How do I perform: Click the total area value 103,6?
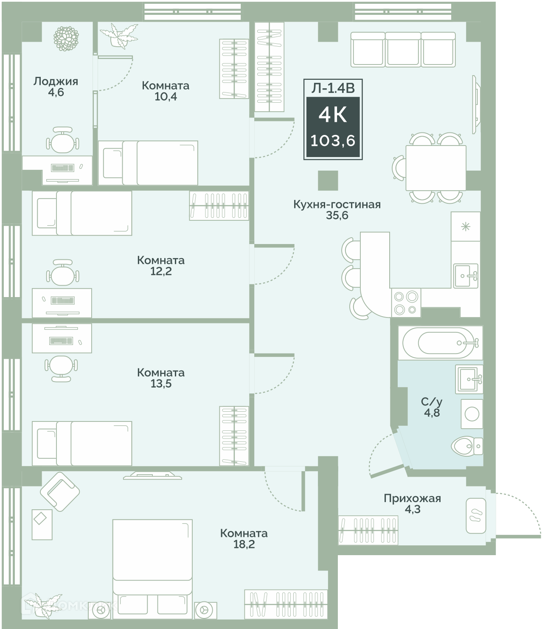[x=333, y=141]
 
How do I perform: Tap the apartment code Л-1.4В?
[x=333, y=88]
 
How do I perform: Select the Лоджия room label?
[x=56, y=81]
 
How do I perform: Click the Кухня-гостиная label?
[x=337, y=205]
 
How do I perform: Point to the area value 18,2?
[x=244, y=544]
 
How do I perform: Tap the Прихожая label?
[x=412, y=498]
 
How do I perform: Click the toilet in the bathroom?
[x=466, y=446]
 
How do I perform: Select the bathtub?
[x=440, y=343]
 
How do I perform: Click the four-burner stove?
[x=406, y=303]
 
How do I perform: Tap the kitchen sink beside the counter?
[x=466, y=276]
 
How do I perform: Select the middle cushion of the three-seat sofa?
[x=403, y=49]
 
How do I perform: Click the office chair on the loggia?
[x=62, y=140]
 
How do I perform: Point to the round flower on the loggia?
[x=66, y=38]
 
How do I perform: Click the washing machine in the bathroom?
[x=472, y=414]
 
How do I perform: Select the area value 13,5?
[x=161, y=384]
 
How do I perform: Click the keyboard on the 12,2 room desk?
[x=62, y=300]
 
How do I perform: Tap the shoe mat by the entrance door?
[x=476, y=516]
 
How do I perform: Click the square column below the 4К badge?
[x=328, y=180]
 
